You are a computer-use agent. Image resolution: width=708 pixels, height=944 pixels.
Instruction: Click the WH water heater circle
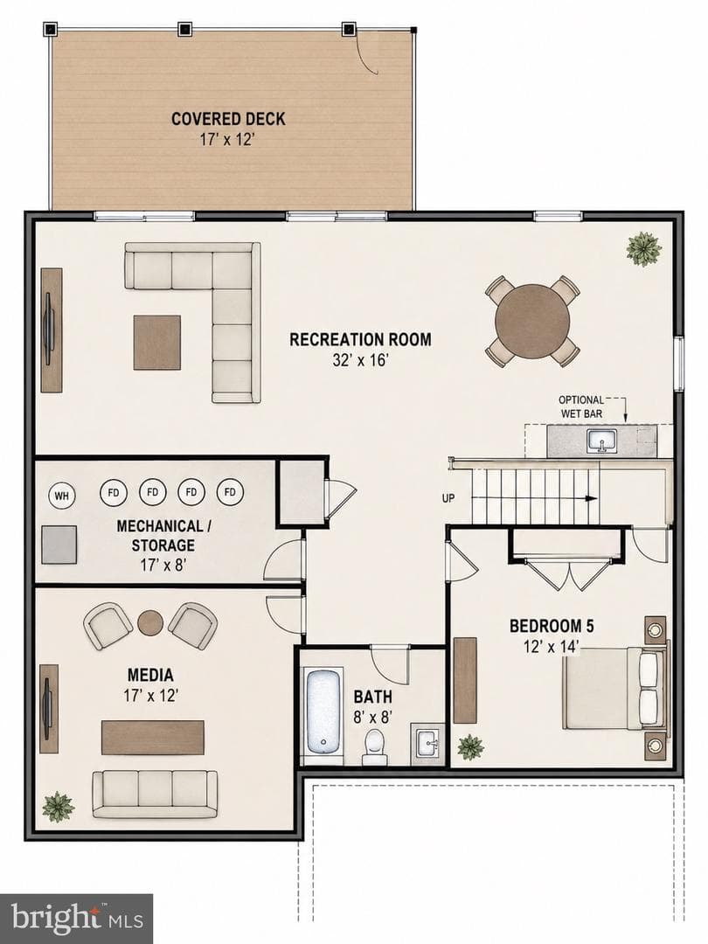(61, 496)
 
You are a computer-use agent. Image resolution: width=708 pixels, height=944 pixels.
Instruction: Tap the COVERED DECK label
(228, 119)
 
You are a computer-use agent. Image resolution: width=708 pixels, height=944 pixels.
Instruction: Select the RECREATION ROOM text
(360, 339)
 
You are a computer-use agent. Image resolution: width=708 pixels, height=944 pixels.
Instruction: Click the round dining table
(533, 321)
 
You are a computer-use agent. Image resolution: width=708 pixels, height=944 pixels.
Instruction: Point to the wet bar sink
(602, 441)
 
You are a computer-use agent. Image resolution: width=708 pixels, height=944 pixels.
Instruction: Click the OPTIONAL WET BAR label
(581, 406)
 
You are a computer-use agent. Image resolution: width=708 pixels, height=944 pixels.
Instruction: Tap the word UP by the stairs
(448, 498)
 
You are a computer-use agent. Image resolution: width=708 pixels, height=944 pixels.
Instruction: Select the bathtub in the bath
(324, 711)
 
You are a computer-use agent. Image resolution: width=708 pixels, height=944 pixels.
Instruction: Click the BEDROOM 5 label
(552, 626)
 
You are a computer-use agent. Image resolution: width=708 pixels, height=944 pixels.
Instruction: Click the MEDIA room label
(150, 675)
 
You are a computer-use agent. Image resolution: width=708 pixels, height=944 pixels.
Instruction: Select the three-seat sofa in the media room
(156, 793)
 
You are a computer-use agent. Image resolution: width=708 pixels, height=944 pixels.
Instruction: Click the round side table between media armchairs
(150, 623)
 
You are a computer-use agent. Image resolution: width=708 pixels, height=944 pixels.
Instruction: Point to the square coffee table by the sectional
(157, 343)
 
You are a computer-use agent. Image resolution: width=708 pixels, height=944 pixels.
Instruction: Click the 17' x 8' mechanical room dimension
(163, 565)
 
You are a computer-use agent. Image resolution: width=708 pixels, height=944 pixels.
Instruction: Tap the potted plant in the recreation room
(644, 248)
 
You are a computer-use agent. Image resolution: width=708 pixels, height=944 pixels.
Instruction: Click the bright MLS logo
(76, 919)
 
